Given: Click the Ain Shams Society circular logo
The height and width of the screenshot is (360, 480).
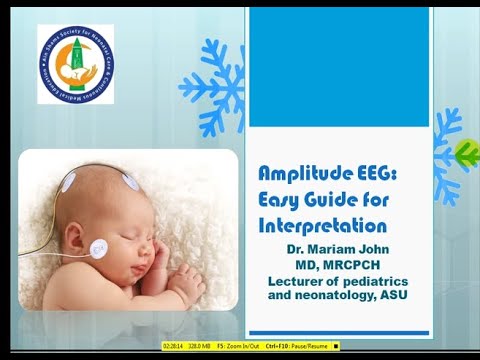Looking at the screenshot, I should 74,64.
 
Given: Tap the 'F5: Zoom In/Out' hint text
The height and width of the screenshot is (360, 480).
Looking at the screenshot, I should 244,346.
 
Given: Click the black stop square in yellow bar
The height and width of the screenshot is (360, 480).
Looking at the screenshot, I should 337,346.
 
